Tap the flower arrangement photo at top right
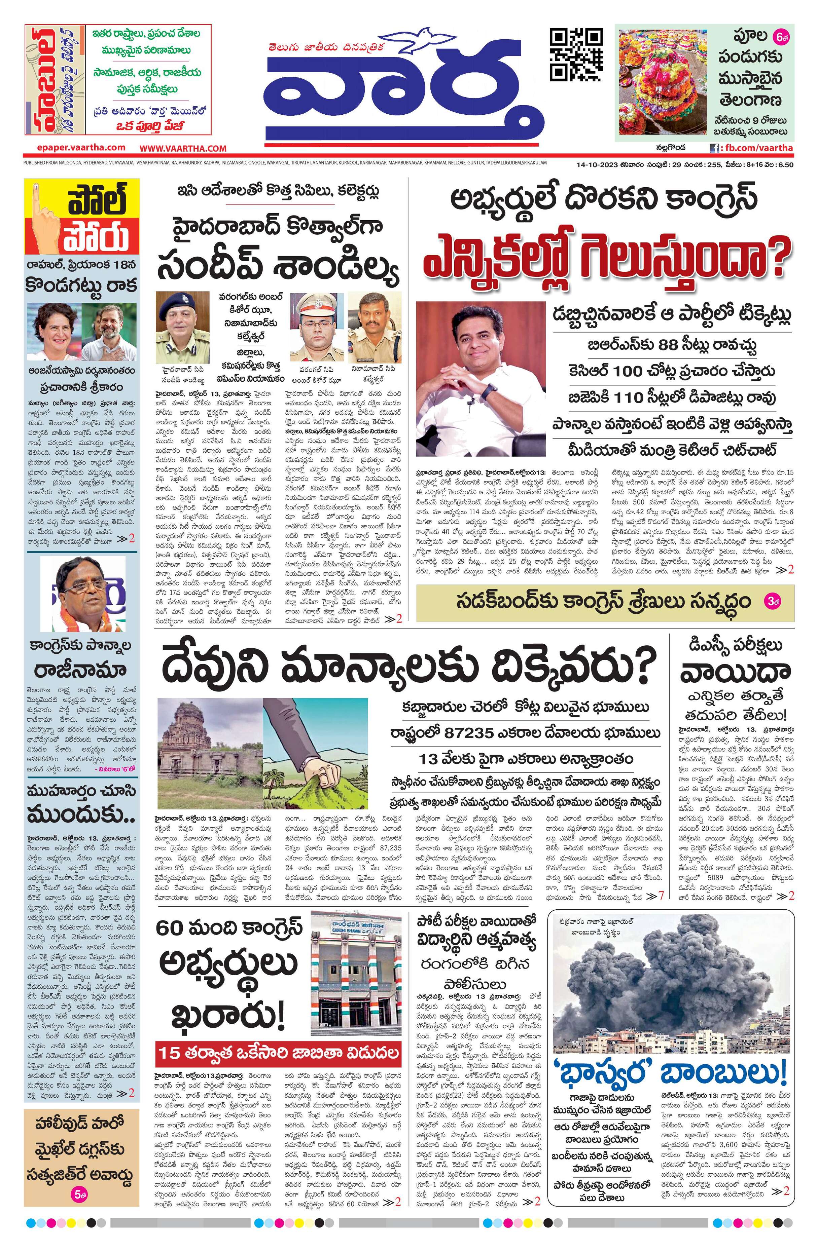663,84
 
